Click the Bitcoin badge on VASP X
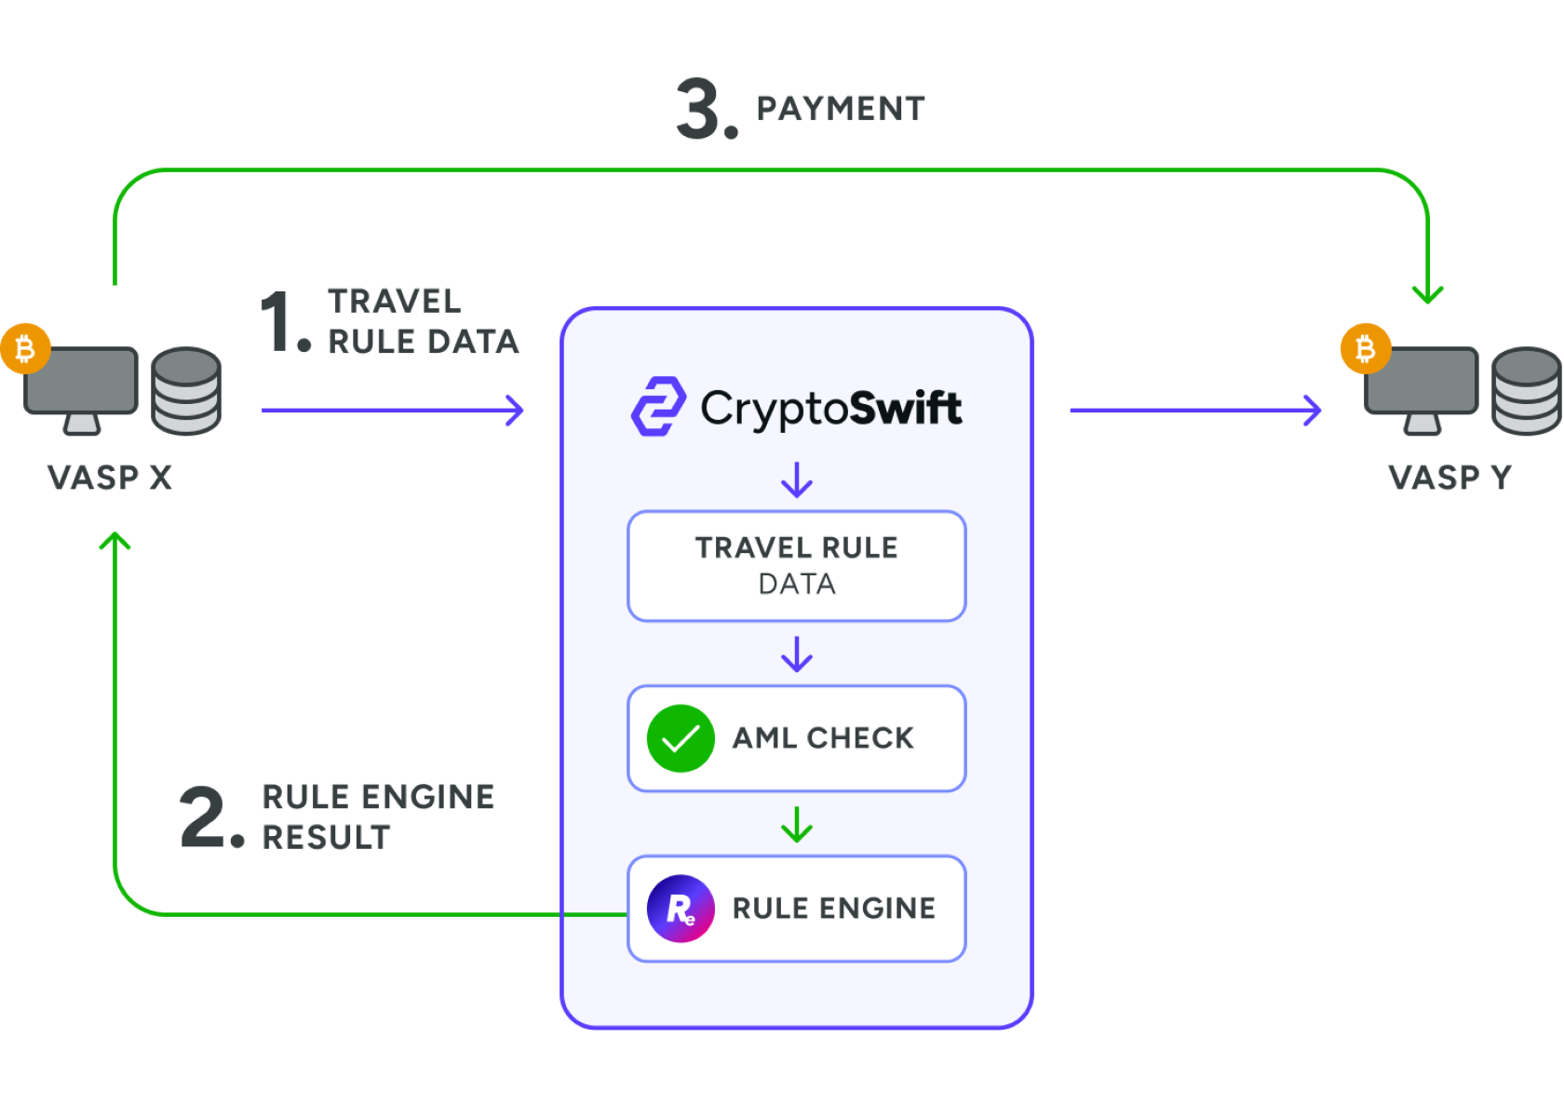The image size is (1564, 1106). point(25,349)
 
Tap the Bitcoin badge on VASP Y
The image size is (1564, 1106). point(1365,349)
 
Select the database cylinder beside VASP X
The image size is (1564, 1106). point(186,391)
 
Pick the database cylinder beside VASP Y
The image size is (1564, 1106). point(1526,391)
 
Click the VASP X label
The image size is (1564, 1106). point(110,478)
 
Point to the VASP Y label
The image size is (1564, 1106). point(1449,478)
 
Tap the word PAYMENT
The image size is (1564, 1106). point(840,109)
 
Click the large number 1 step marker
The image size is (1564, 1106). point(282,321)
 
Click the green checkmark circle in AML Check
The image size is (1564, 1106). point(681,738)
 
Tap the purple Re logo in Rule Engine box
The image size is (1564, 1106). point(681,909)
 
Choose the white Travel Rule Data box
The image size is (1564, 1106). point(797,565)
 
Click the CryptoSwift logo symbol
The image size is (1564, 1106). point(659,407)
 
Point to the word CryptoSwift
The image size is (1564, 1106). point(831,409)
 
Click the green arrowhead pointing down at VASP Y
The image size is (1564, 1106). point(1427,295)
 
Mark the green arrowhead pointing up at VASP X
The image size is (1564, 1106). point(115,540)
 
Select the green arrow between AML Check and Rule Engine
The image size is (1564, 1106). point(797,825)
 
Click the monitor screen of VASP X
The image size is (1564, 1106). point(82,380)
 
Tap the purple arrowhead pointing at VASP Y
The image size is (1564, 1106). point(1314,410)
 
